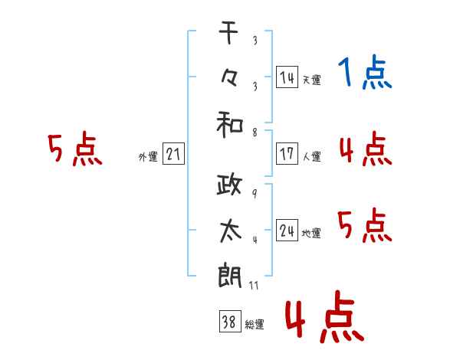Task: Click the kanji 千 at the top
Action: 228,32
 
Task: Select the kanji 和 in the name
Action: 230,125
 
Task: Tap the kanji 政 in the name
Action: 229,185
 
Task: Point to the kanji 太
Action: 230,231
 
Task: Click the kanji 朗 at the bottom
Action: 230,277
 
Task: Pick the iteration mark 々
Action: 229,79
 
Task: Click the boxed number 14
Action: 287,77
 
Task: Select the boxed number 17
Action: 287,154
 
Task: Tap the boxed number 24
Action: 287,230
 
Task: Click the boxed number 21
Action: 173,154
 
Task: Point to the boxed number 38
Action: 230,321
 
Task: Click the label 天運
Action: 312,80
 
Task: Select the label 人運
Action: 312,156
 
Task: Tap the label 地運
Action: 311,233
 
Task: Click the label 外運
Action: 148,157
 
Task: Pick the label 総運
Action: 255,324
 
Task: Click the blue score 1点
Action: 365,72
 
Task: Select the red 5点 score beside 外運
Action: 75,149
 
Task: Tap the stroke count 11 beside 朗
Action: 254,285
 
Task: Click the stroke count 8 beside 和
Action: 255,133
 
